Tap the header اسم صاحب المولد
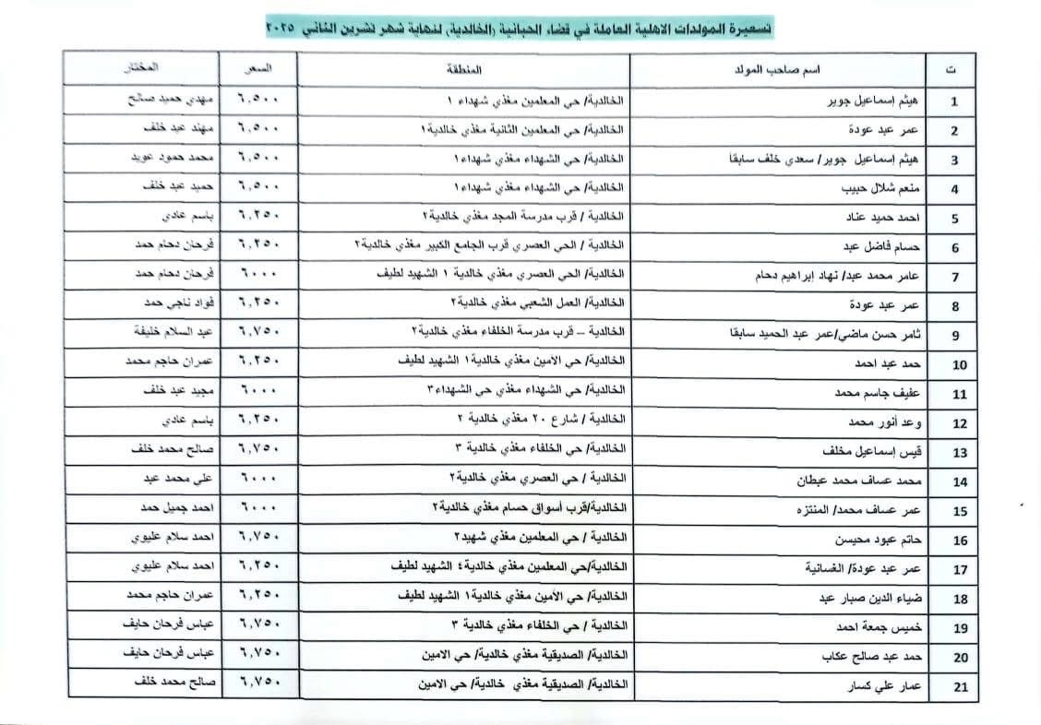pyautogui.click(x=779, y=69)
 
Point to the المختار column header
pyautogui.click(x=141, y=68)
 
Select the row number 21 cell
pyautogui.click(x=960, y=687)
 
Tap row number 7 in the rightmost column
pyautogui.click(x=960, y=277)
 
